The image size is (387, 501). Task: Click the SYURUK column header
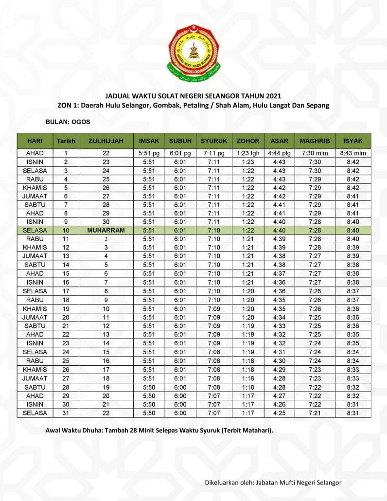click(x=214, y=141)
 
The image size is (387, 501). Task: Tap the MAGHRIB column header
click(x=315, y=141)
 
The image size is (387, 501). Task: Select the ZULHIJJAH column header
click(x=106, y=141)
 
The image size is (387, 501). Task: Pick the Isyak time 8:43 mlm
click(x=353, y=153)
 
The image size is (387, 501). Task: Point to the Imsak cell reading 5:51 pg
click(x=149, y=153)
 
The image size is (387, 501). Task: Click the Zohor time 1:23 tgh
click(x=248, y=153)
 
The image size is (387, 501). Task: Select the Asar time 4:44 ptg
click(x=279, y=153)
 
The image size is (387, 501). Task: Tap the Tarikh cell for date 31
click(x=66, y=413)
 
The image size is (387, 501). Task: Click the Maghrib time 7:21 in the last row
click(x=315, y=413)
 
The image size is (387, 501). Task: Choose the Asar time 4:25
click(x=279, y=413)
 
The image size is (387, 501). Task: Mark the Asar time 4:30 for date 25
click(x=279, y=361)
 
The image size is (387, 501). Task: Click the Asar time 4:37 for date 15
click(x=279, y=274)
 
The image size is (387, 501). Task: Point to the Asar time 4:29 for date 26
click(x=279, y=370)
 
